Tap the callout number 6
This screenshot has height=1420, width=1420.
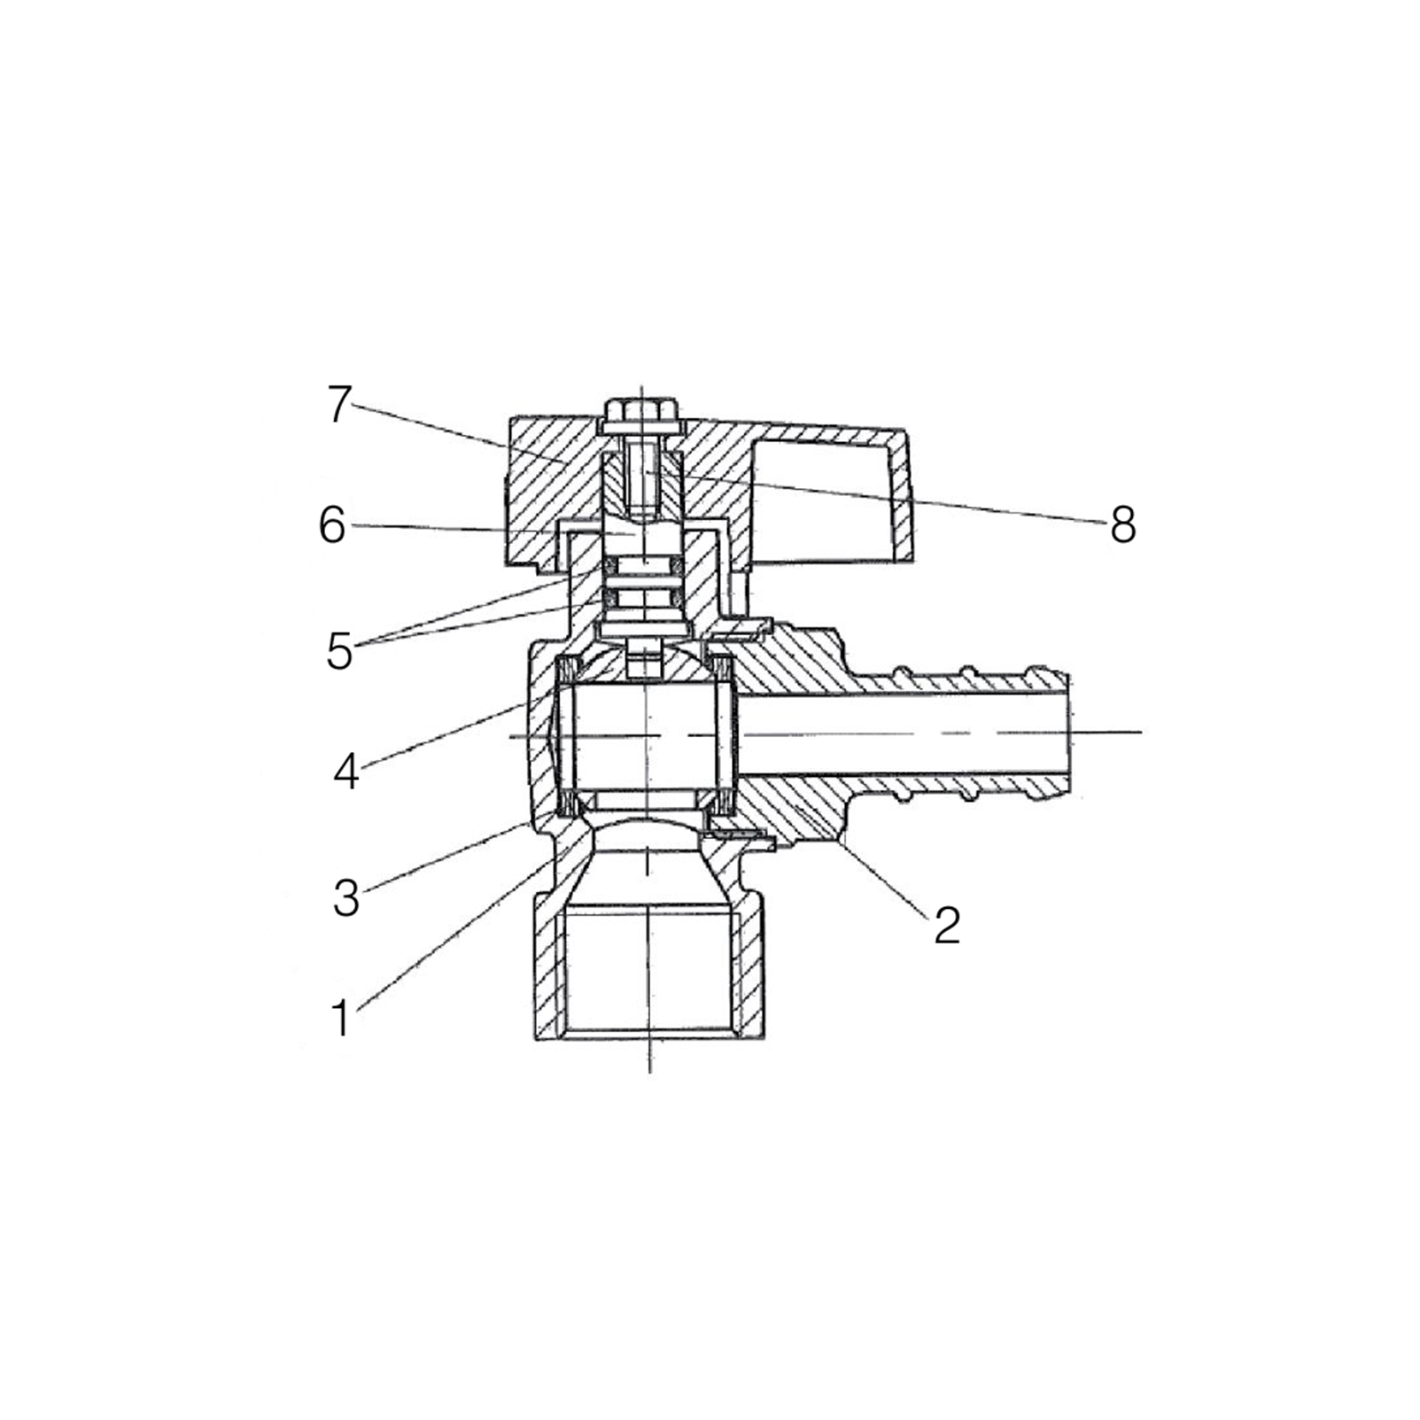(x=332, y=526)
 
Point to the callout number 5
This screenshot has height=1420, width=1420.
(x=339, y=652)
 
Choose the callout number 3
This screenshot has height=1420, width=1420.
(x=346, y=898)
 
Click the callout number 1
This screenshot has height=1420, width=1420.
(x=341, y=1018)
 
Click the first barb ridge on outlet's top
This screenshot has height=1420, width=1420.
(x=905, y=675)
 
